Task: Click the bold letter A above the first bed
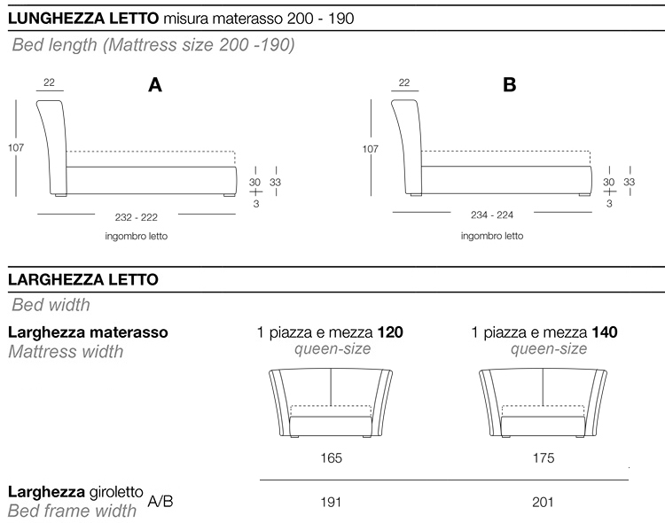coord(155,85)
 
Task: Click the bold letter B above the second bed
coord(509,85)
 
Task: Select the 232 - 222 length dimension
coord(137,216)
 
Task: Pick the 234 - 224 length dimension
coord(491,215)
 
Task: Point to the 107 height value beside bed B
coord(371,149)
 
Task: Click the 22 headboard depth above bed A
coord(49,83)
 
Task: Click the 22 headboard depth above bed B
coord(403,83)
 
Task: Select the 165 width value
coord(331,458)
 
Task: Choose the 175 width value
coord(544,458)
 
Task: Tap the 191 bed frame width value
coord(331,502)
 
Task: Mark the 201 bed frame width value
coord(544,502)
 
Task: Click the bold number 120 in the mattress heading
coord(390,333)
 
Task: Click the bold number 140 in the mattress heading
coord(605,333)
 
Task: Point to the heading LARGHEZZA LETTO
coord(82,279)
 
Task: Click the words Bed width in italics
coord(51,306)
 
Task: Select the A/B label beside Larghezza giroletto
coord(160,501)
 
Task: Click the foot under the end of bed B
coord(584,193)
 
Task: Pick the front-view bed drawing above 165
coord(331,403)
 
